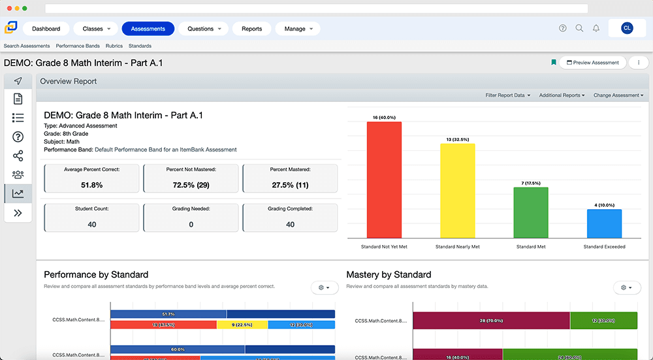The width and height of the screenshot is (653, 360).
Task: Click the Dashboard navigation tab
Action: coord(46,29)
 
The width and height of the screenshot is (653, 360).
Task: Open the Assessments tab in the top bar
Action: coord(148,29)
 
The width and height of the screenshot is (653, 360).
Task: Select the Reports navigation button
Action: coord(251,29)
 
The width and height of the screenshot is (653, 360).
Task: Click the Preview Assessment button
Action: coord(592,63)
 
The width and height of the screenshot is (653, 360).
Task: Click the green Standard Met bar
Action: coord(531,212)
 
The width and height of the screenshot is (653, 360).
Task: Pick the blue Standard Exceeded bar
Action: coord(604,223)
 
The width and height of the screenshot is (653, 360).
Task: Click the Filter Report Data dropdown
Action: coord(507,95)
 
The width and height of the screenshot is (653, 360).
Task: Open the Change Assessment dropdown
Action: coord(618,95)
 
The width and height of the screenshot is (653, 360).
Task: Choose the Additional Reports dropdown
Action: coord(562,95)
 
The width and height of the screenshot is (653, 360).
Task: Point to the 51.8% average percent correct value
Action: coord(91,185)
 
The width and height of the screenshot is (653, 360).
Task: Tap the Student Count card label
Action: coord(91,209)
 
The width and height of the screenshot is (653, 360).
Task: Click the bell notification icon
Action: coord(596,28)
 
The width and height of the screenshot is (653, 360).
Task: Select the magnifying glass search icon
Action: coord(579,28)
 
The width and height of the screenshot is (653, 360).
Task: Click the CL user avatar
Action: coord(627,28)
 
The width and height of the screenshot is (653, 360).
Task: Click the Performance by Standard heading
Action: coord(96,274)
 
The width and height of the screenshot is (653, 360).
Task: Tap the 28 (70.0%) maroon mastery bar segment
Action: coord(491,321)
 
